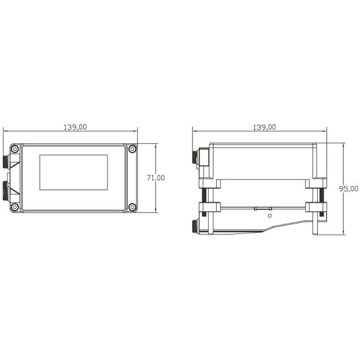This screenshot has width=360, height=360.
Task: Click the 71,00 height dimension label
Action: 155,178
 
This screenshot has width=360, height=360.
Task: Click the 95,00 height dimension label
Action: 349,188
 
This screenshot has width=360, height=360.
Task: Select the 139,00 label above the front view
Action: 75,127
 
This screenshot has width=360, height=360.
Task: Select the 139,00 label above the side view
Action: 264,127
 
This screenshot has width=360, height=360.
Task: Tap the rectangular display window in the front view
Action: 74,172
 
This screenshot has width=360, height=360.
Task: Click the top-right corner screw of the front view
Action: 133,149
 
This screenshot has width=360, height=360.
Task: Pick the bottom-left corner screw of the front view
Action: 14,207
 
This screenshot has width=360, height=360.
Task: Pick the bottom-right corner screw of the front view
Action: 133,207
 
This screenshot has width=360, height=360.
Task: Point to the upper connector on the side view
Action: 196,158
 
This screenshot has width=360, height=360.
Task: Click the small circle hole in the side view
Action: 269,215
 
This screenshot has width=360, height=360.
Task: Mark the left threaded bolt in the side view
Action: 206,195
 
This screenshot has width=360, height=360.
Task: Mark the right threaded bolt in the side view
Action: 319,195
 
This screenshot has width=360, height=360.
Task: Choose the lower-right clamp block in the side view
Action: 316,207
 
